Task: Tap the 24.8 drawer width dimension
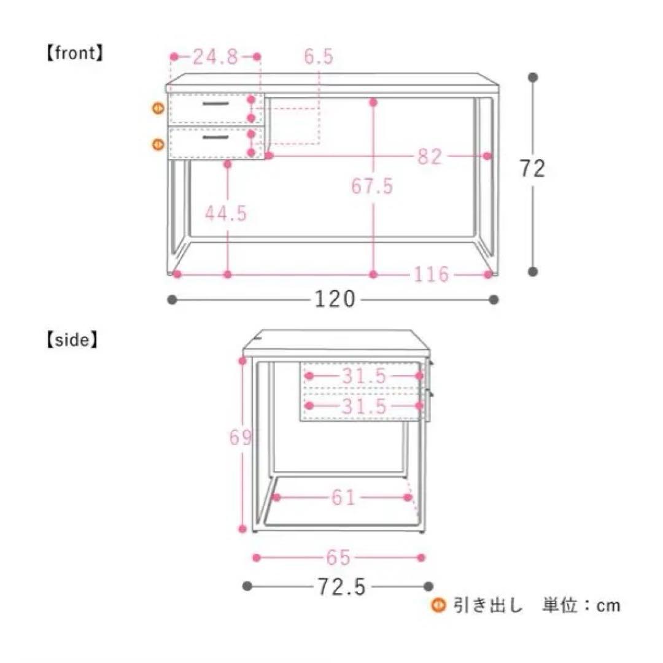click(x=215, y=57)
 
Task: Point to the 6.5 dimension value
click(x=319, y=57)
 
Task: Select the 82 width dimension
click(x=430, y=157)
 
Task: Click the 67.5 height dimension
click(x=372, y=185)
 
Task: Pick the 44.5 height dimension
click(x=226, y=214)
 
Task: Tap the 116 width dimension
click(x=430, y=274)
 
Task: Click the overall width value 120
click(x=335, y=300)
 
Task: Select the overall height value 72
click(x=532, y=168)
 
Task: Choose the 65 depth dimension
click(x=338, y=557)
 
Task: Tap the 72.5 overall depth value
click(x=341, y=587)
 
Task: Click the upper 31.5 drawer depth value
click(x=364, y=376)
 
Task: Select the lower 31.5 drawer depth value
click(x=364, y=406)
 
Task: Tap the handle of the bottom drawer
click(x=215, y=136)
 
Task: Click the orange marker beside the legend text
click(x=438, y=606)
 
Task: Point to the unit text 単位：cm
click(x=581, y=606)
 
